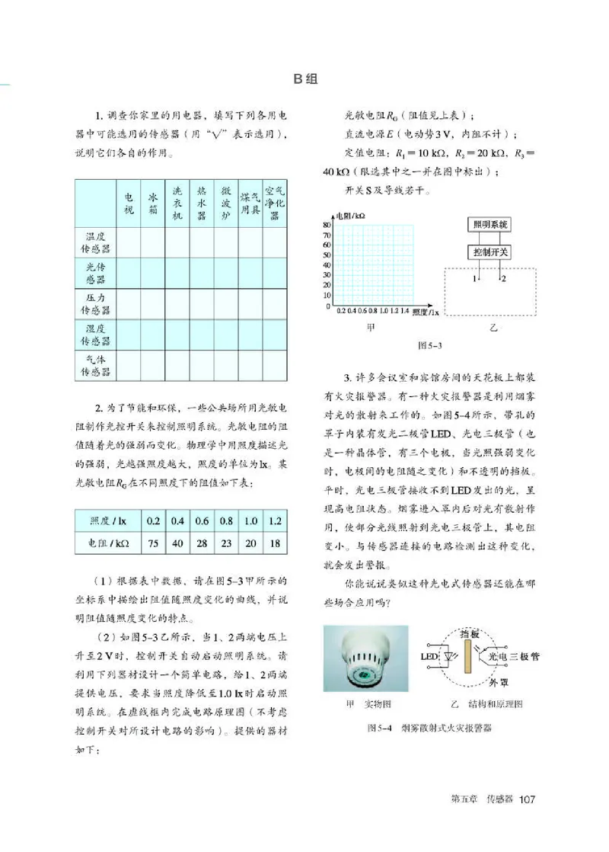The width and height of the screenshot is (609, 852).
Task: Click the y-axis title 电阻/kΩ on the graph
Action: (352, 216)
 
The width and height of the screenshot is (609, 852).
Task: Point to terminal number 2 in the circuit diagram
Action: (503, 280)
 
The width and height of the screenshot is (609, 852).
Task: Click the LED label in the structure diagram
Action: (427, 655)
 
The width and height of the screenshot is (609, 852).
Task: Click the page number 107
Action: (528, 799)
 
